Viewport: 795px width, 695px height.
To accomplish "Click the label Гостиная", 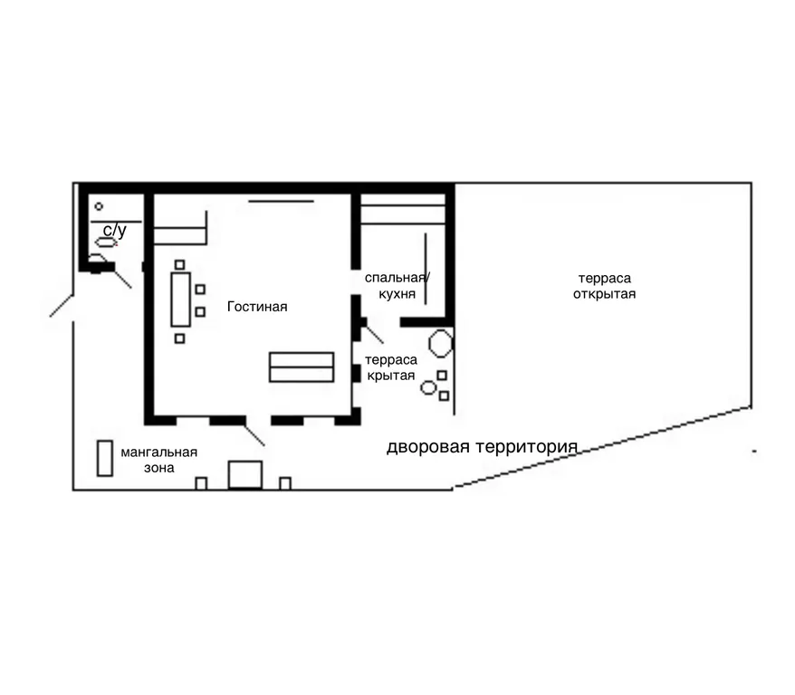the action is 257,307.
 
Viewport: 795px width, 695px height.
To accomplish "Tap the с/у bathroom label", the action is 115,231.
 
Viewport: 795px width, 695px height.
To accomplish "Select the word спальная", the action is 395,278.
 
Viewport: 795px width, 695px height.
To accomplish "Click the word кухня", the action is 397,294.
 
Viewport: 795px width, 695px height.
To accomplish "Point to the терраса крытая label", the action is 391,367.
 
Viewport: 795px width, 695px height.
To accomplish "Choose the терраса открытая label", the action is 604,286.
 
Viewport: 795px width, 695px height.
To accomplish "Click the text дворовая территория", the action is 483,447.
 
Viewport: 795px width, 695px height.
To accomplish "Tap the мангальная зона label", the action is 158,460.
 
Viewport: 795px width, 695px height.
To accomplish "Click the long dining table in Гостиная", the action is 180,300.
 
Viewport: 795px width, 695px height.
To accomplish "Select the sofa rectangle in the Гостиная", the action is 302,367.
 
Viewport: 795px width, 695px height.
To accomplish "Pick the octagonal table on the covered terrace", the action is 441,344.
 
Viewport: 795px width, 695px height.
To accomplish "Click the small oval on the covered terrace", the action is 428,388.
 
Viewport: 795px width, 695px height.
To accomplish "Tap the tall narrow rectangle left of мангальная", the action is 104,458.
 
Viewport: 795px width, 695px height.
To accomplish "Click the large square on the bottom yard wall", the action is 244,475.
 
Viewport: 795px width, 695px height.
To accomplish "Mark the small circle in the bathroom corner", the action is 99,206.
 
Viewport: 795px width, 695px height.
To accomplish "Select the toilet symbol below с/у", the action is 105,243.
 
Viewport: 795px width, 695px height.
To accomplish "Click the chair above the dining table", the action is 179,264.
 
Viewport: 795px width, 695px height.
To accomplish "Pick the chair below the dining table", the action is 179,338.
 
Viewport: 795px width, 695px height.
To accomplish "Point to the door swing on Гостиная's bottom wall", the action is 254,434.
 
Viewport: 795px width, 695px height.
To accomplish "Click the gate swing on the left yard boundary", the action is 62,306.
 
